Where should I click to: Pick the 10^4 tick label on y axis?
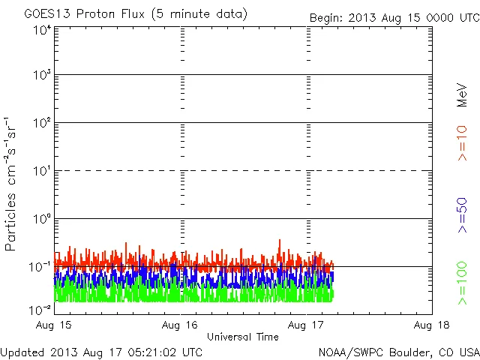click(41, 30)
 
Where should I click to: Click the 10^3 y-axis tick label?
click(41, 76)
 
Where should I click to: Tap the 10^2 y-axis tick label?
click(41, 124)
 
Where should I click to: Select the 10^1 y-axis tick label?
click(41, 172)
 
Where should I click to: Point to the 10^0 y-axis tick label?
click(41, 220)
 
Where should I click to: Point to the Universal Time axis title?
click(243, 337)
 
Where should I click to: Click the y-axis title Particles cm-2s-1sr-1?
click(13, 184)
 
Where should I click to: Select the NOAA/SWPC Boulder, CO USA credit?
click(398, 351)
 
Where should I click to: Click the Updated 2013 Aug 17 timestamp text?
click(101, 351)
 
